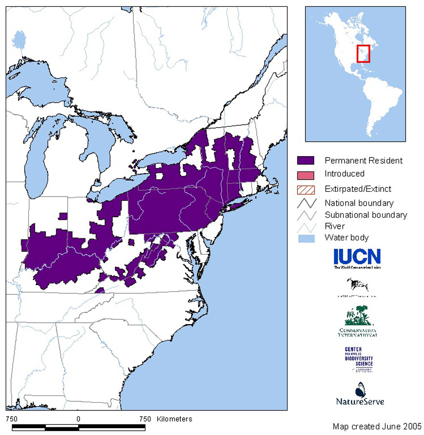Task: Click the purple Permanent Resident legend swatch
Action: click(x=306, y=160)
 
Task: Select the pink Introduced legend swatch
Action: click(x=306, y=174)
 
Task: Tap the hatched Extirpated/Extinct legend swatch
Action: click(x=306, y=189)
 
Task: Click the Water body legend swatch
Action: click(x=306, y=237)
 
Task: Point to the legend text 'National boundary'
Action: click(x=359, y=203)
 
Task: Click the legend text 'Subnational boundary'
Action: click(x=366, y=215)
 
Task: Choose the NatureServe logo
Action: click(x=360, y=394)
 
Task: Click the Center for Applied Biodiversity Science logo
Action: click(x=358, y=359)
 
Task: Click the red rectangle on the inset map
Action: click(x=363, y=53)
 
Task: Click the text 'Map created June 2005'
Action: click(x=377, y=426)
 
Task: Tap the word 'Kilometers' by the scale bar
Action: click(x=174, y=419)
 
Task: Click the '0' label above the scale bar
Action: click(x=78, y=419)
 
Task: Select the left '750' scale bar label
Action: click(x=12, y=419)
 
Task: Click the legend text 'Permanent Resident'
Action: click(x=363, y=160)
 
